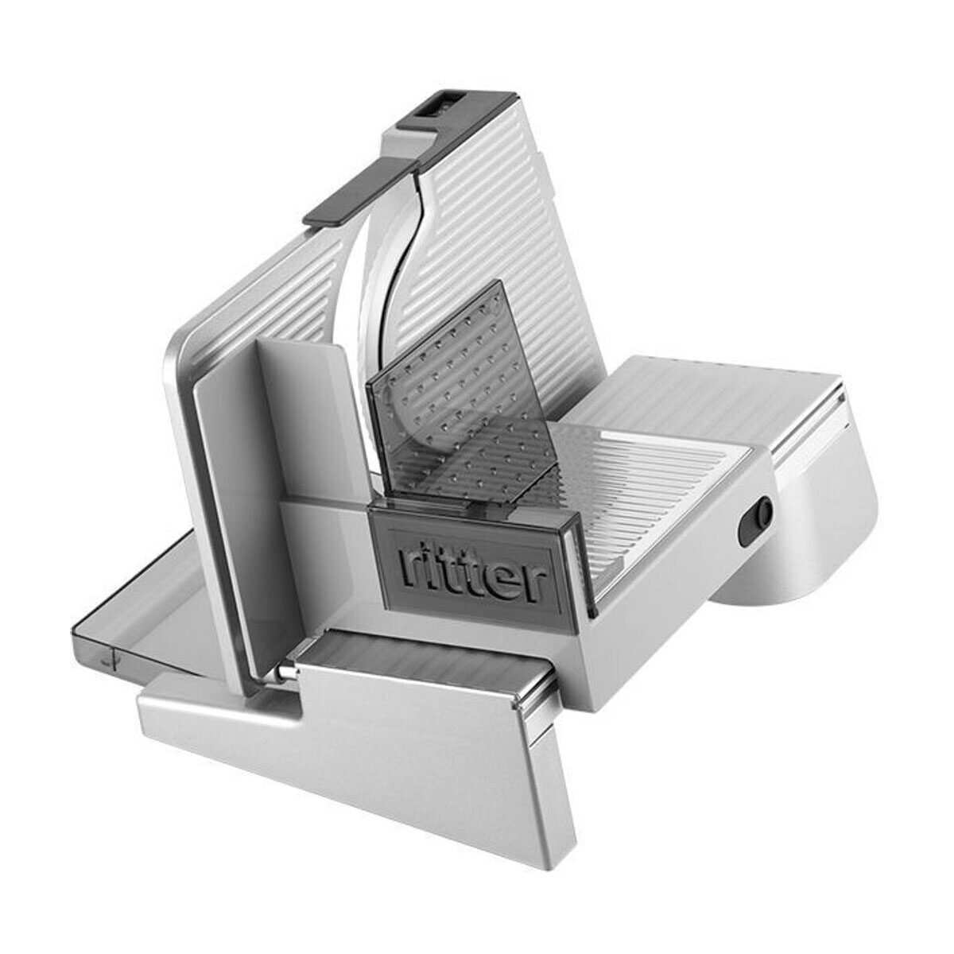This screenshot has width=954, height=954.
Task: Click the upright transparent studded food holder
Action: pyautogui.click(x=464, y=395)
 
